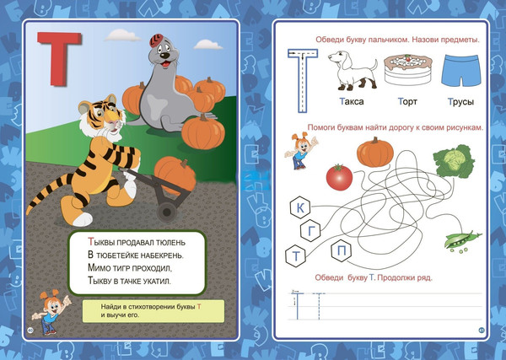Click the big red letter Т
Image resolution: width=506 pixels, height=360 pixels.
(x=59, y=58)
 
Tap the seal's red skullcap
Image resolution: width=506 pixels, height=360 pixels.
(x=157, y=40)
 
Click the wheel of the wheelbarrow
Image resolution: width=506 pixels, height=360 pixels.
(x=166, y=212)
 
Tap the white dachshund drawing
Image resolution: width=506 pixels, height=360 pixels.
(x=353, y=70)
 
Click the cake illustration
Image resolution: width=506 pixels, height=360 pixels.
(x=408, y=70)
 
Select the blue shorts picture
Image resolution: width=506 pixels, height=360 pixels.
(x=460, y=71)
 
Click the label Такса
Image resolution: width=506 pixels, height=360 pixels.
(x=352, y=102)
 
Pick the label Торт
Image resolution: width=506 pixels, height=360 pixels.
(x=407, y=102)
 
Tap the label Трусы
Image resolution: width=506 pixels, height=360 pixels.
(x=460, y=102)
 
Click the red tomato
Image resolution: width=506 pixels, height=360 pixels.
(x=339, y=177)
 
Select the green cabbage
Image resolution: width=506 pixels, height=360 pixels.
(x=454, y=161)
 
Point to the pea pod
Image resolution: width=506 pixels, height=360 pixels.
(x=462, y=240)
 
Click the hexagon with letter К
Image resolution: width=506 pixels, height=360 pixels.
(x=300, y=208)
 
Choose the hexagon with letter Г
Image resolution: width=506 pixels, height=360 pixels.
(x=310, y=231)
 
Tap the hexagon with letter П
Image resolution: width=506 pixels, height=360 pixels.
(x=342, y=250)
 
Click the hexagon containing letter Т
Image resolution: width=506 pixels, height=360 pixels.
(x=296, y=256)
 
